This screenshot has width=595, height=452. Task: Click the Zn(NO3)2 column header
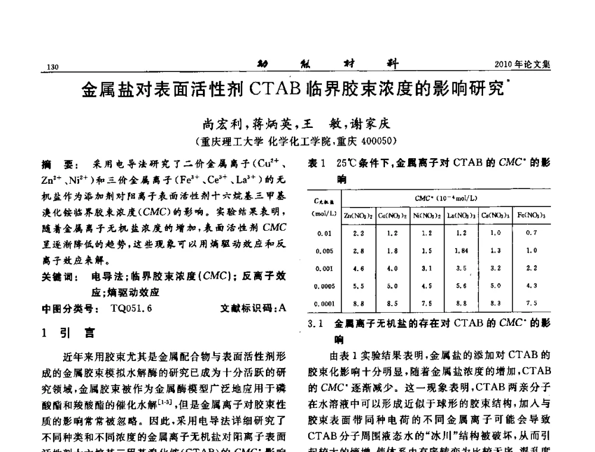click(x=358, y=214)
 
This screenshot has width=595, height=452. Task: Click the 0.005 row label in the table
click(x=324, y=252)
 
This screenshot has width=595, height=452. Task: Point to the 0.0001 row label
click(x=324, y=303)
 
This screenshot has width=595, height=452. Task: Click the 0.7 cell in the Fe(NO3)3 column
click(x=530, y=234)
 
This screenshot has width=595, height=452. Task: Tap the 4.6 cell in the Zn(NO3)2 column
click(x=358, y=269)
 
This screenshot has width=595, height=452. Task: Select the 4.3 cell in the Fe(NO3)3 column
click(x=530, y=286)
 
